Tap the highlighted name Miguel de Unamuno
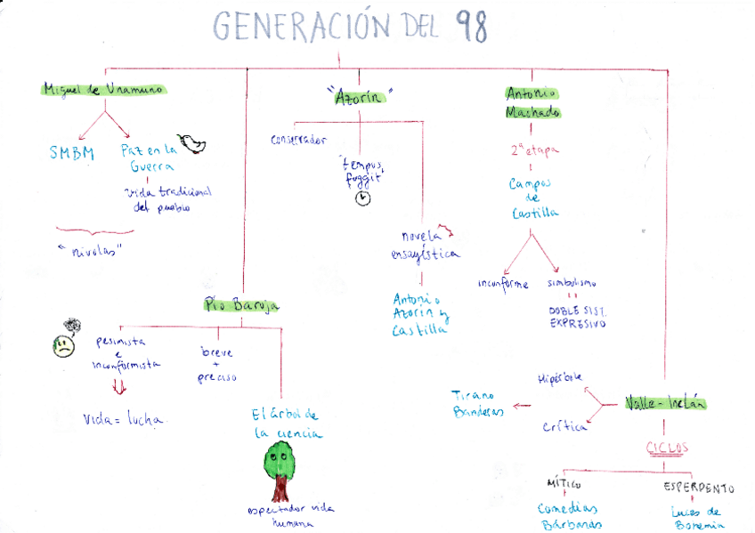pyautogui.click(x=105, y=90)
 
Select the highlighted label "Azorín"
pyautogui.click(x=359, y=97)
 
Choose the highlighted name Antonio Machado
pyautogui.click(x=532, y=103)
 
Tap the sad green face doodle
pyautogui.click(x=64, y=343)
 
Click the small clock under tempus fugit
pyautogui.click(x=362, y=198)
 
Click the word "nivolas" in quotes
pyautogui.click(x=94, y=250)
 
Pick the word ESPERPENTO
pyautogui.click(x=699, y=488)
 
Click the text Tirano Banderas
pyautogui.click(x=478, y=403)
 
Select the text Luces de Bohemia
pyautogui.click(x=698, y=518)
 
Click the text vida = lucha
pyautogui.click(x=124, y=419)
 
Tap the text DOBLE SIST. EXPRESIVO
pyautogui.click(x=576, y=318)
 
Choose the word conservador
pyautogui.click(x=298, y=140)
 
